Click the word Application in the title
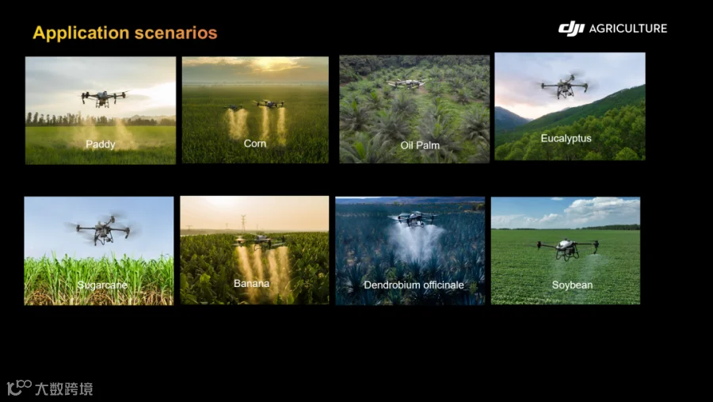[81, 33]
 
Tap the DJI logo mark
[571, 29]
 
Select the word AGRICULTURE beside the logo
[628, 29]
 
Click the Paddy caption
[101, 144]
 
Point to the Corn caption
[254, 144]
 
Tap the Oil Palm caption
[420, 145]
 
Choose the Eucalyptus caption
[566, 139]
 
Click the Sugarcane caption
[102, 285]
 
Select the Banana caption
[251, 283]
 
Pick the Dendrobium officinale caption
[414, 285]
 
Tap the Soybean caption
[572, 285]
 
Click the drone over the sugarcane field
[103, 229]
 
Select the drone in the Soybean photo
[567, 248]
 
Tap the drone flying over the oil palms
[407, 83]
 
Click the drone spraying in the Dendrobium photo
[414, 219]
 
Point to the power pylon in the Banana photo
[243, 223]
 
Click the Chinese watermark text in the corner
[64, 389]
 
